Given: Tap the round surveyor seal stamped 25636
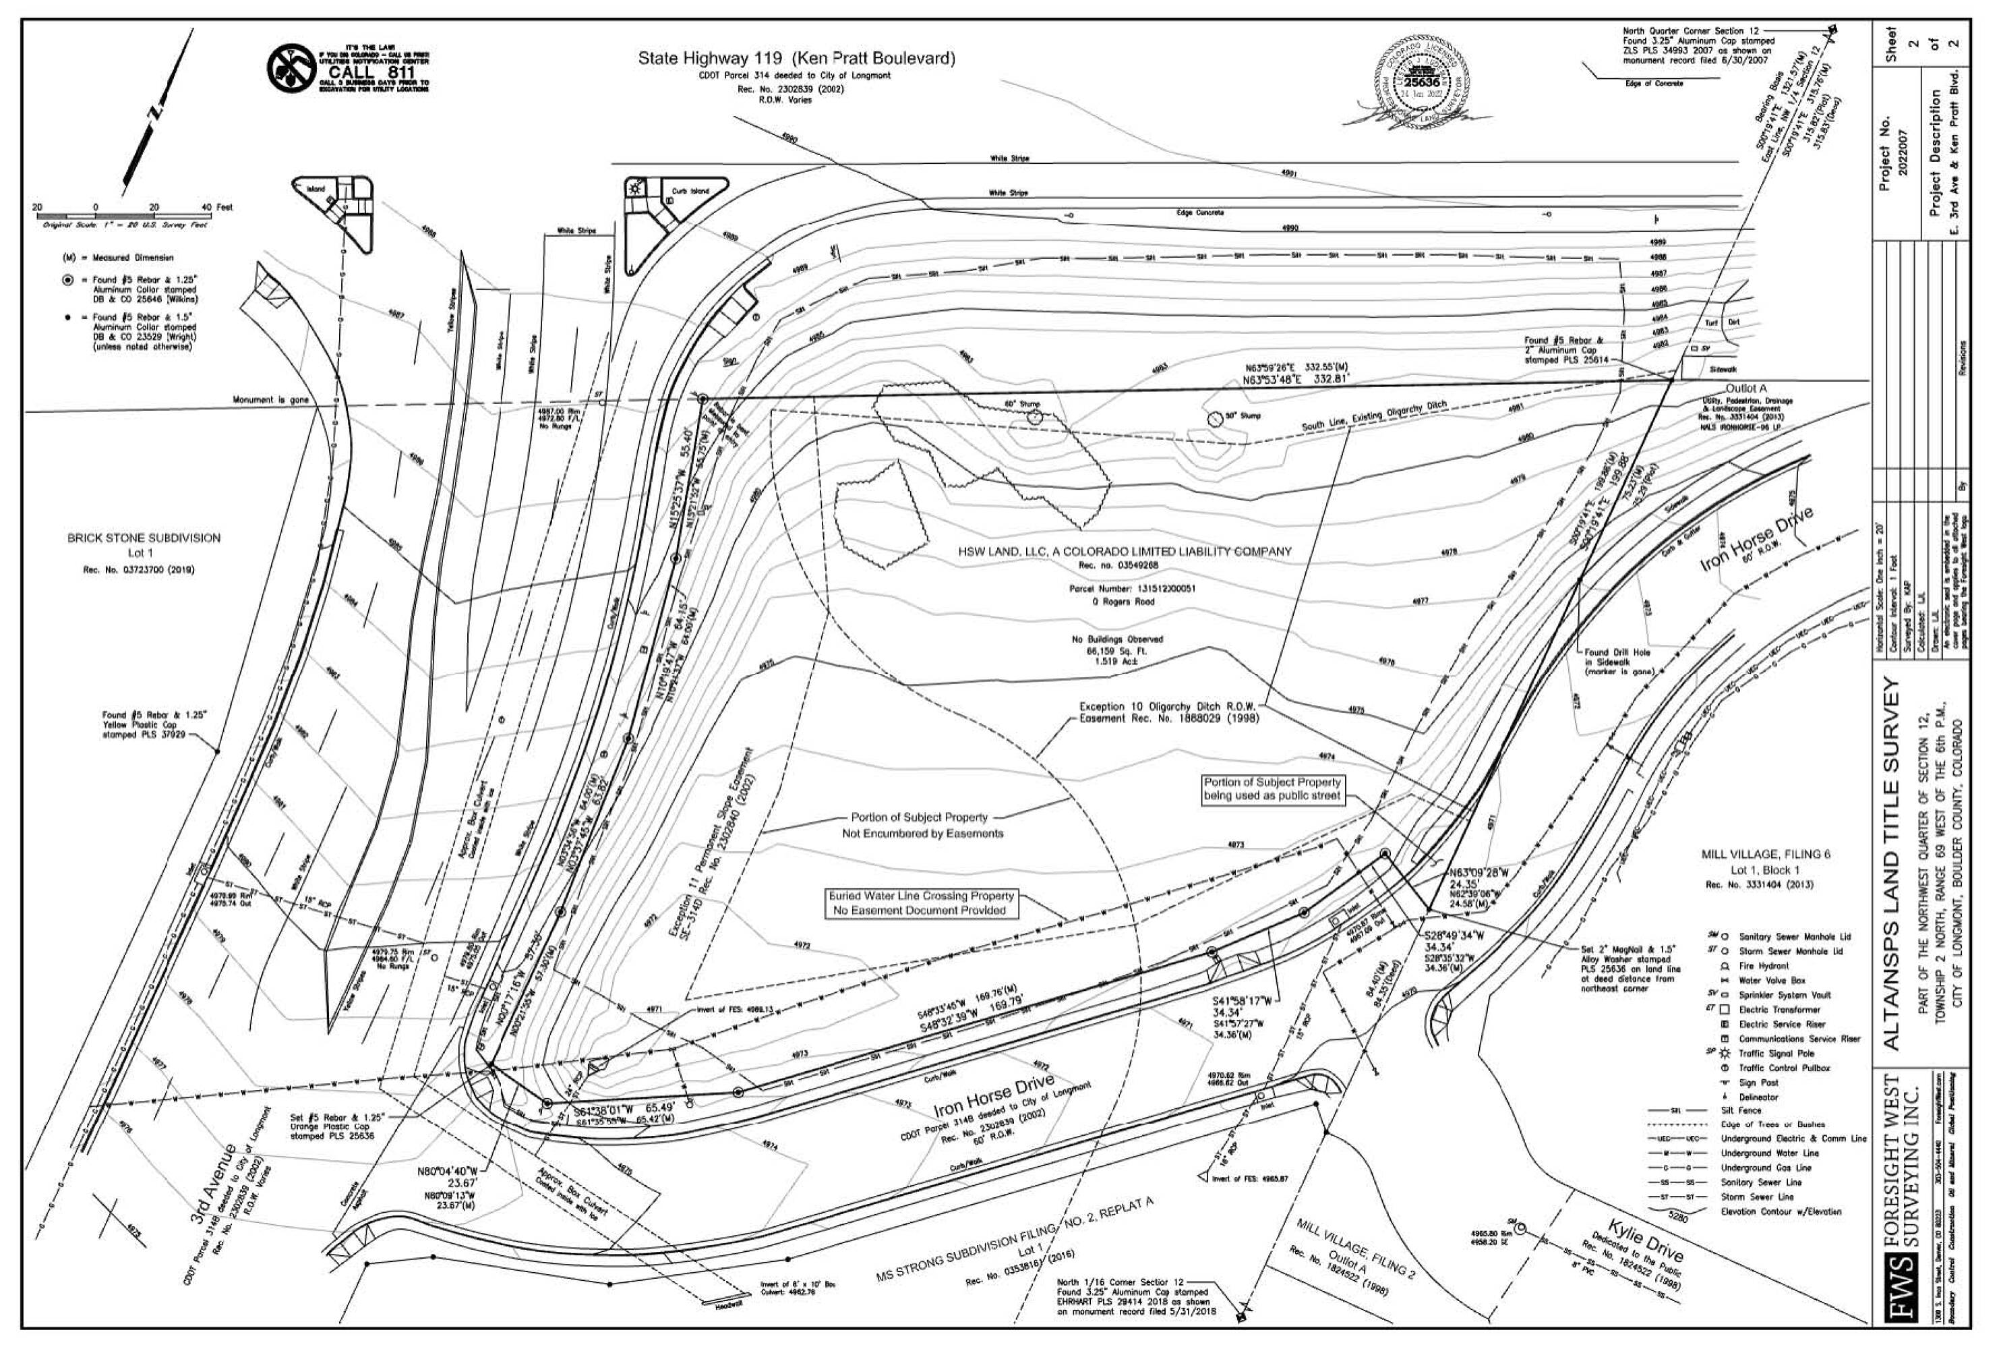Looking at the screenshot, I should coord(1427,82).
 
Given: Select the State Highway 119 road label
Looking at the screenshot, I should coord(796,59).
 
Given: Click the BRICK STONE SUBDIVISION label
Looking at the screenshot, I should coord(144,538).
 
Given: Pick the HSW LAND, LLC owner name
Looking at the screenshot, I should coord(1124,552).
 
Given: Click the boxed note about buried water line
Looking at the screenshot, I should coord(920,902).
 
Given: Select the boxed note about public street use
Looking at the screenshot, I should coord(1272,789).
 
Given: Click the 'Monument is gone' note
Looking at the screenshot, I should coord(270,400).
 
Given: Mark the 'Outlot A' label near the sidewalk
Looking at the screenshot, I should coord(1741,389).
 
